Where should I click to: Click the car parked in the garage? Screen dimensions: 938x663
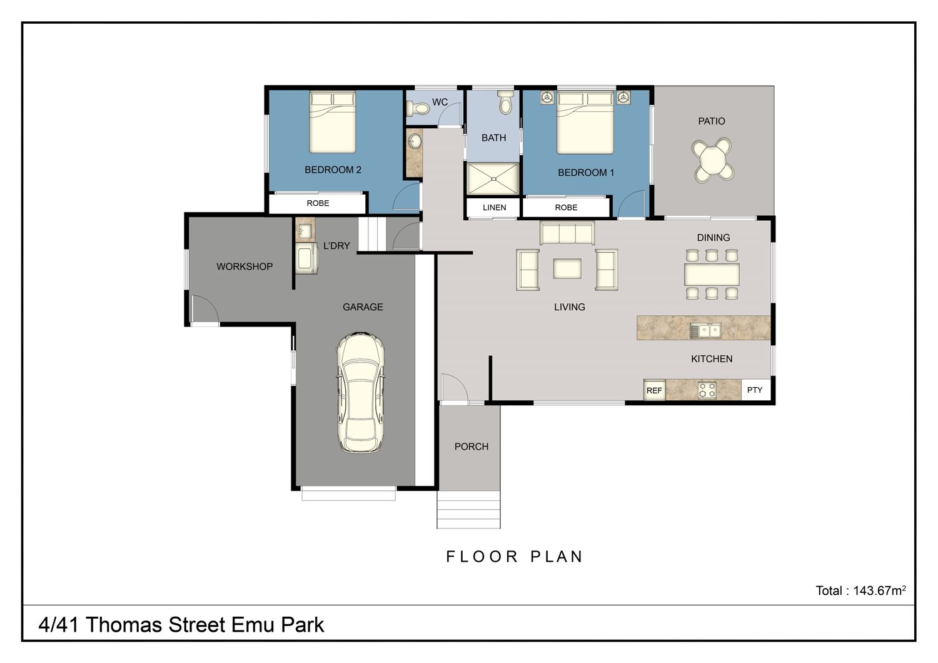click(x=361, y=392)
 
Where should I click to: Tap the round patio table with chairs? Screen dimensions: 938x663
click(x=712, y=159)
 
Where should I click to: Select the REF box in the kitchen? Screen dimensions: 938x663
click(x=654, y=390)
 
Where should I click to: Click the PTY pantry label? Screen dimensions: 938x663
click(x=755, y=390)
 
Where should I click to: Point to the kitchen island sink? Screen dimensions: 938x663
click(x=705, y=331)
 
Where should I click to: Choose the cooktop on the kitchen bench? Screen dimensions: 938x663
click(x=707, y=390)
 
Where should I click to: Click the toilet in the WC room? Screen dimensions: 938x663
click(x=418, y=109)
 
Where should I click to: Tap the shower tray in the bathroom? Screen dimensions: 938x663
click(x=493, y=179)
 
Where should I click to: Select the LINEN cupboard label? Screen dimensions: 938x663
click(x=494, y=207)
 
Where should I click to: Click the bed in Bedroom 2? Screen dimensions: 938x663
click(x=333, y=122)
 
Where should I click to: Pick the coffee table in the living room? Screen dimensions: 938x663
click(x=567, y=268)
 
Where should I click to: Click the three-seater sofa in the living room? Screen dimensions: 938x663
click(x=567, y=233)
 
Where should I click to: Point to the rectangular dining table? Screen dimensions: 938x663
click(x=712, y=275)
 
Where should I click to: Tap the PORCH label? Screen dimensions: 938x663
click(x=472, y=447)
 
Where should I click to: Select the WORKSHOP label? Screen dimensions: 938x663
click(x=245, y=266)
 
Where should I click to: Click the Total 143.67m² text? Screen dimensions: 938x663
click(x=860, y=590)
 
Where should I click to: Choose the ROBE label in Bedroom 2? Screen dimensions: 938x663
click(x=318, y=203)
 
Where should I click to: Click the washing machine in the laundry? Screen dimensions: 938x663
click(x=306, y=258)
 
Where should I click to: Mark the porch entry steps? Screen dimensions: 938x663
click(x=468, y=509)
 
